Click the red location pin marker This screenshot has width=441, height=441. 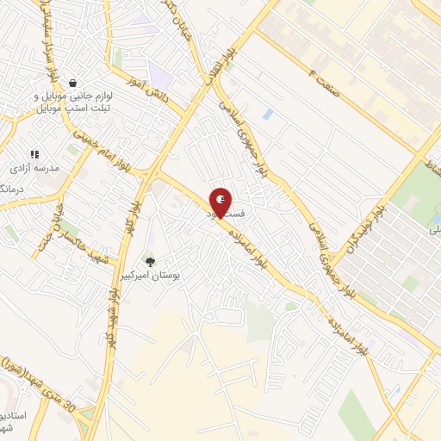220,202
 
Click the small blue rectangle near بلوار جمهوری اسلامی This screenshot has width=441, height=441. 268,114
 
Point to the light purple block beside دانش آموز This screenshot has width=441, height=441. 159,73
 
